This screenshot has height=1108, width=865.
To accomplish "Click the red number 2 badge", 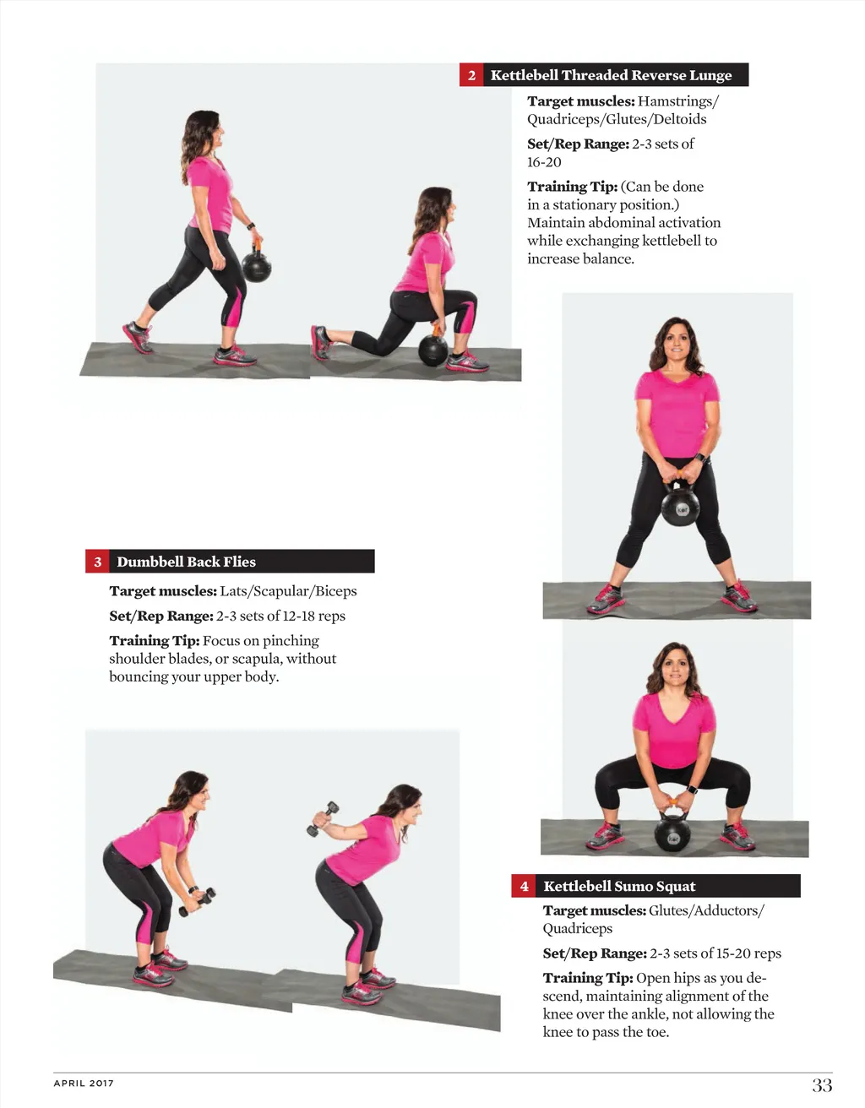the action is coord(471,75).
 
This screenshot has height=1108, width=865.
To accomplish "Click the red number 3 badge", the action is coord(97,562).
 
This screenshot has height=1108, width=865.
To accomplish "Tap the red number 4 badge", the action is coord(524,886).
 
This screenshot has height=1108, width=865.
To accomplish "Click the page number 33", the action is coord(822,1084).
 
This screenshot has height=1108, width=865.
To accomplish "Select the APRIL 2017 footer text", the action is coord(84,1083).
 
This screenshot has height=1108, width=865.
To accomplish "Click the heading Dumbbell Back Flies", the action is coord(186,562).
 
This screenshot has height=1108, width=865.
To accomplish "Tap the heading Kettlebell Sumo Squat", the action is coord(619,886).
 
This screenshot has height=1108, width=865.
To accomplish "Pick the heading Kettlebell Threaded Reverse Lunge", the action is coord(611,75).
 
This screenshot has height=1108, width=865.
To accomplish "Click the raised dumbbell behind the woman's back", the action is coord(323,819).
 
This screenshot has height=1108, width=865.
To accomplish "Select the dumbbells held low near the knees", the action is coord(198,902).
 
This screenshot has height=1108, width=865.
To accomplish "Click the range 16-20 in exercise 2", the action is coord(544,162).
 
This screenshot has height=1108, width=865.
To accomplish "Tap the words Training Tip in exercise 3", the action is coord(154,640).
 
